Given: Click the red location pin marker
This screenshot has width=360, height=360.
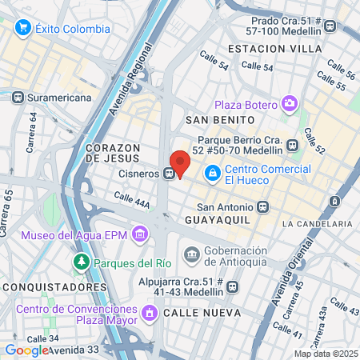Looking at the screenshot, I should point(180,162).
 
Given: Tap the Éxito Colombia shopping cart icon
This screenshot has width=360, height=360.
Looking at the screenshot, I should point(22,29).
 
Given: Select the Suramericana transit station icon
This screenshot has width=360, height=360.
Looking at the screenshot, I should point(18,98).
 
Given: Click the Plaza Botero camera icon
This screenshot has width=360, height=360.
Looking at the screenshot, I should point(289,104).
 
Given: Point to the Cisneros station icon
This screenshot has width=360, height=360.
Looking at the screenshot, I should point(170,173).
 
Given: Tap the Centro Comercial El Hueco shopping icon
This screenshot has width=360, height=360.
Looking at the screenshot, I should point(213,172).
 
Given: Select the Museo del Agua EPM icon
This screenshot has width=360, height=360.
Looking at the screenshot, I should point(141,234).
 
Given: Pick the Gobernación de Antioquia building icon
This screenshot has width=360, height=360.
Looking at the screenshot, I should point(192,255).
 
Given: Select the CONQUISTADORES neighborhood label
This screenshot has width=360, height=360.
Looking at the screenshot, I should point(44,286).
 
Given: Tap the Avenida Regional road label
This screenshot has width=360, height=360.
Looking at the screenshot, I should point(129,81).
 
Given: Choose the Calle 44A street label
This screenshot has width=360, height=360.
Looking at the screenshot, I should point(132,200).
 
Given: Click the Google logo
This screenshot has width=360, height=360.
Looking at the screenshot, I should point(26,350).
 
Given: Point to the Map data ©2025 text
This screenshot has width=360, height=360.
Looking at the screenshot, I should point(325,354).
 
